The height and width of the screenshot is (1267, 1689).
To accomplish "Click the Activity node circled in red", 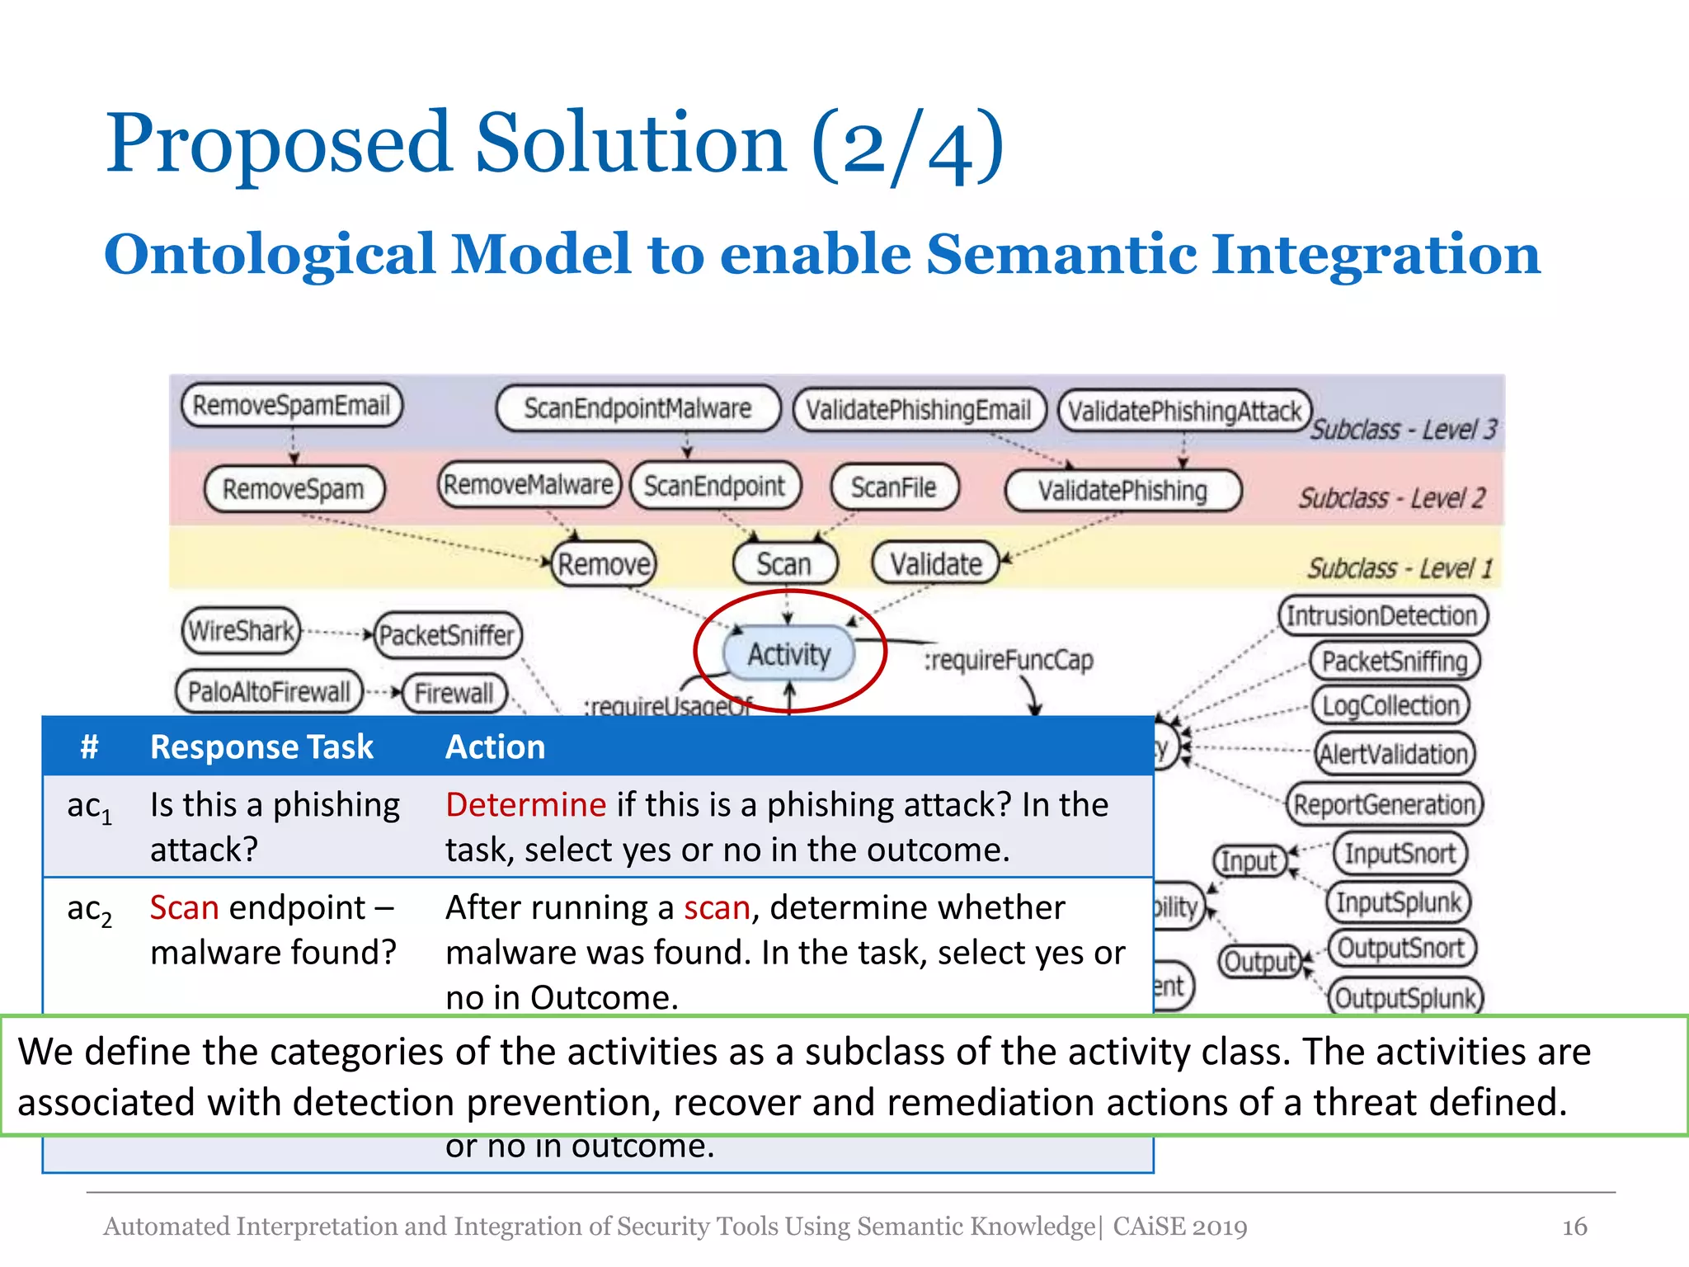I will click(789, 653).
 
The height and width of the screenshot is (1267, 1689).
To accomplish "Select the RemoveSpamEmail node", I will click(291, 405).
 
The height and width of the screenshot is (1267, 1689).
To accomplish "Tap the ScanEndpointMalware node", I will click(637, 408).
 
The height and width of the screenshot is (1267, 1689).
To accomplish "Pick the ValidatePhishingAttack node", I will click(1184, 411).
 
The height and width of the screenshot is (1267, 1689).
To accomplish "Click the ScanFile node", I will click(894, 487).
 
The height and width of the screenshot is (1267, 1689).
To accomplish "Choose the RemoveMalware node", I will click(528, 485).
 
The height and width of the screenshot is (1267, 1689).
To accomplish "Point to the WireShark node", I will click(241, 631).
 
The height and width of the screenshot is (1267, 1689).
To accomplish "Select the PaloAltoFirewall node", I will click(269, 691).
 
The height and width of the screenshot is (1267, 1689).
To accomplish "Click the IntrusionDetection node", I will click(1382, 615).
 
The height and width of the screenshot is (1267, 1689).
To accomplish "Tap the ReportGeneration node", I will click(1384, 804).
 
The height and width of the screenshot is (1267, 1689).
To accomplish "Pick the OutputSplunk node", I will click(1404, 998).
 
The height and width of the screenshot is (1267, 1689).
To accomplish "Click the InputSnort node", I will click(1400, 853).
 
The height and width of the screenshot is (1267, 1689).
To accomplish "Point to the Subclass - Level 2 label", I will click(1391, 498).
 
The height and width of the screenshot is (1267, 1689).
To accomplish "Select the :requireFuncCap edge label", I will click(1008, 660).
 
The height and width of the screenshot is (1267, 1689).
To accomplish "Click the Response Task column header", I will click(261, 747).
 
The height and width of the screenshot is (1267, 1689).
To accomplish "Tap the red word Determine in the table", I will click(525, 804).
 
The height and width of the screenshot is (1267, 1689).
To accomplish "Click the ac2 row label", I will click(89, 910).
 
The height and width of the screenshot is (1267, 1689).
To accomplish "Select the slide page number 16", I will click(1574, 1227).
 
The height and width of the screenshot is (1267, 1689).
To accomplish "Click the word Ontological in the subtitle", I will click(269, 254).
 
